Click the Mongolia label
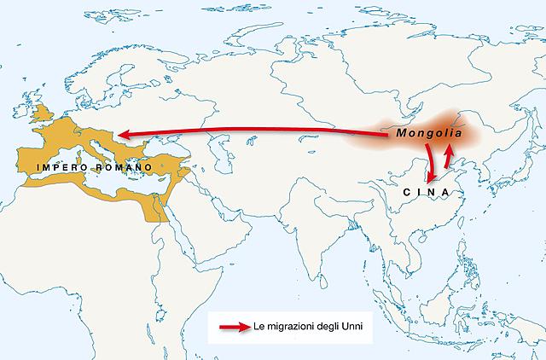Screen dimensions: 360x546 coord(429,135)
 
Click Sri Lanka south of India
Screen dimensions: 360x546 coord(328,271)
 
